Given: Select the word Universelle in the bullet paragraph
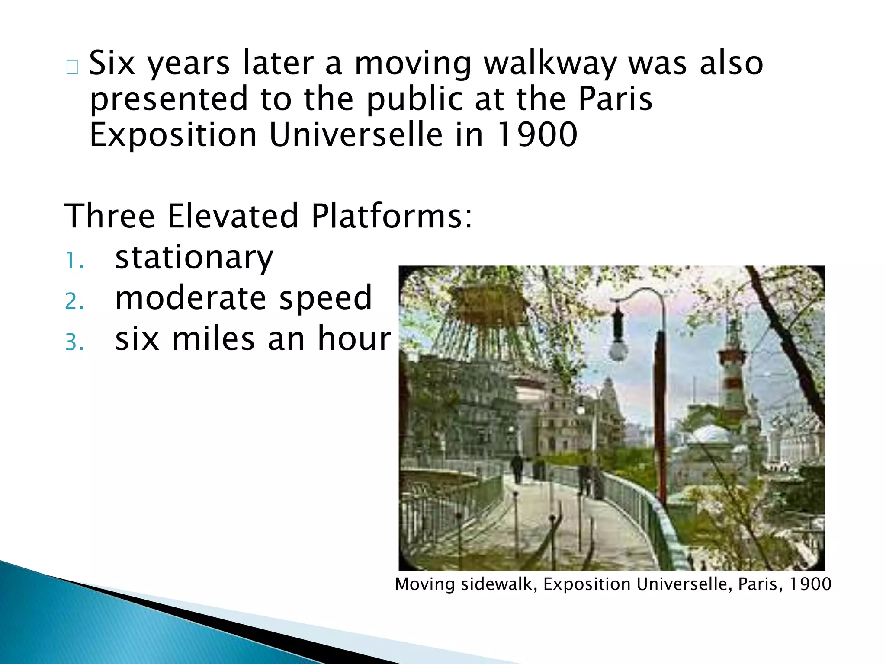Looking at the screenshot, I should click(356, 135).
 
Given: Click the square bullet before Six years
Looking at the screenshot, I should click(72, 67).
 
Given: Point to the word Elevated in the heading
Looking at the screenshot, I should click(233, 216).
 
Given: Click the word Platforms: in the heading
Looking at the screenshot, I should click(392, 216).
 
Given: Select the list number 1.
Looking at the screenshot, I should click(74, 261).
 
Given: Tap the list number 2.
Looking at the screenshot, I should click(74, 301).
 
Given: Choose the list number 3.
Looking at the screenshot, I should click(74, 342).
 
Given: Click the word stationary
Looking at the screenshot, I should click(194, 258).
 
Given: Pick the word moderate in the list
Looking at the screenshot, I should click(190, 298).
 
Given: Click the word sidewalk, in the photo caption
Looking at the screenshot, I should click(499, 584).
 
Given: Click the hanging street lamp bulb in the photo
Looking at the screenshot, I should click(618, 349).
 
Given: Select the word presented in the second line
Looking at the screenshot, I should click(169, 99).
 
